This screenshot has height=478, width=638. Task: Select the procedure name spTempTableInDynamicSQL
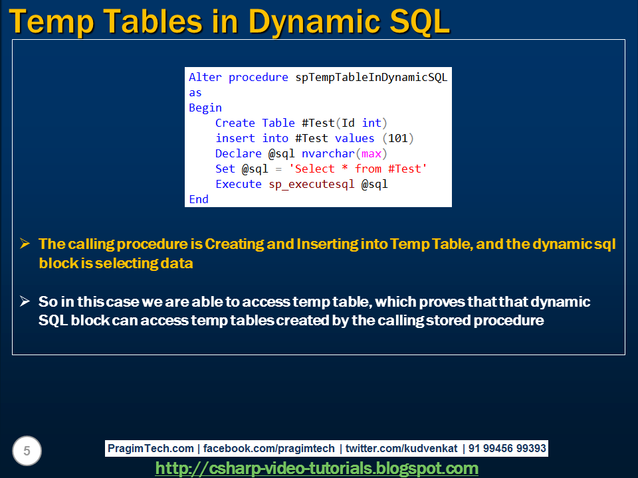[371, 77]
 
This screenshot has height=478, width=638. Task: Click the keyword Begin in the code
[205, 108]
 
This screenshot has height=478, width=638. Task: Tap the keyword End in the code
[199, 199]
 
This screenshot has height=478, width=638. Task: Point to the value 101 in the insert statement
[398, 138]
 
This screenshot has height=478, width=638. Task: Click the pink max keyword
[371, 153]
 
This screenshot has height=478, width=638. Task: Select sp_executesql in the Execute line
[311, 185]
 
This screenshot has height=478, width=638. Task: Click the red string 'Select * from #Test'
[358, 169]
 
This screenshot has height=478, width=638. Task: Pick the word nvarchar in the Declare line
[328, 153]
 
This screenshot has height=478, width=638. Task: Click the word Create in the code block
[235, 123]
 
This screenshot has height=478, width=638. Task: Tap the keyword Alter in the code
[205, 77]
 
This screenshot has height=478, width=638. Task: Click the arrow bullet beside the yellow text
[25, 244]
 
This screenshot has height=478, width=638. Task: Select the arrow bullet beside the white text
[25, 301]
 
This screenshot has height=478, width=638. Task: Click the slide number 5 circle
[27, 451]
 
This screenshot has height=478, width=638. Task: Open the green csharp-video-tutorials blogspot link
[316, 468]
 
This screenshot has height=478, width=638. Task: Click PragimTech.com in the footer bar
[151, 448]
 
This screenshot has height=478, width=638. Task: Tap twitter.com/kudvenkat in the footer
[401, 448]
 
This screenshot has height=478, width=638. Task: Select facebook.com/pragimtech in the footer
[269, 448]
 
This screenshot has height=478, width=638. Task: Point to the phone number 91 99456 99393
[507, 448]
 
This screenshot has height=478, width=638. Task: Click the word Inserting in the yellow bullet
[328, 244]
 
